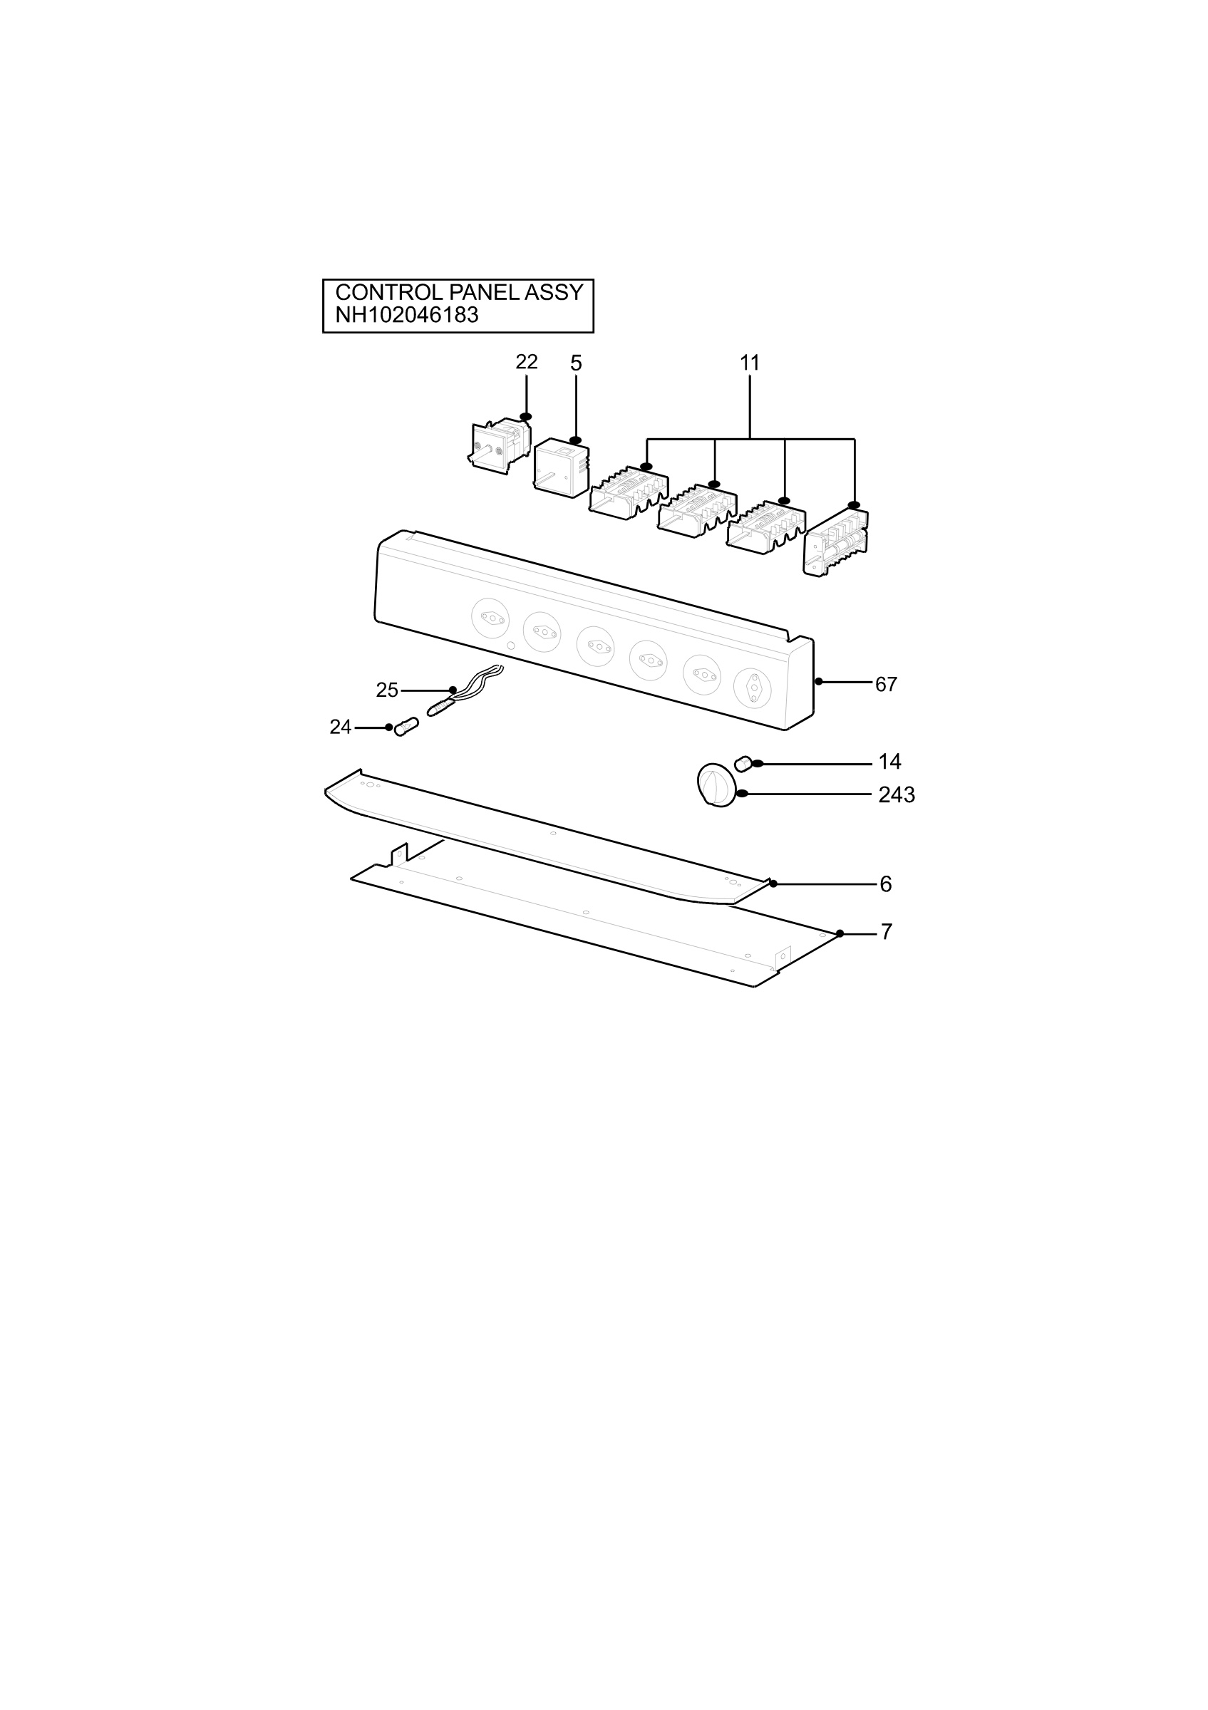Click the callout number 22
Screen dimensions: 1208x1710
pyautogui.click(x=527, y=362)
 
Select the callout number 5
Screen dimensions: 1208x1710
pyautogui.click(x=576, y=363)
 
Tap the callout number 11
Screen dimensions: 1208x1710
pyautogui.click(x=749, y=363)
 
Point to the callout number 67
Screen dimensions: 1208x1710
pyautogui.click(x=887, y=685)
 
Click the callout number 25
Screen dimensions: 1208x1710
pyautogui.click(x=387, y=690)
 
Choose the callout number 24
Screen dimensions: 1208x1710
pyautogui.click(x=341, y=727)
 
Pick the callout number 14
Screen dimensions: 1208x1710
pyautogui.click(x=890, y=762)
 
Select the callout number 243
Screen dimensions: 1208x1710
pyautogui.click(x=897, y=795)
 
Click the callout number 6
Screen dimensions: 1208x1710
pyautogui.click(x=886, y=884)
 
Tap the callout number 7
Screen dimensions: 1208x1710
pyautogui.click(x=887, y=932)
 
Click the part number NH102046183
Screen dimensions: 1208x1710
pyautogui.click(x=407, y=315)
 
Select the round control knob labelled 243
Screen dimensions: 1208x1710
pyautogui.click(x=716, y=784)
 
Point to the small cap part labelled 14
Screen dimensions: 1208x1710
pyautogui.click(x=743, y=763)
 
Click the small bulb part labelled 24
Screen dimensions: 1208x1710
pyautogui.click(x=407, y=726)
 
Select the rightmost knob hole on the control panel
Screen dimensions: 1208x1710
pyautogui.click(x=752, y=688)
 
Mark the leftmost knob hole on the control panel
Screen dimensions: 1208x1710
pyautogui.click(x=491, y=618)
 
